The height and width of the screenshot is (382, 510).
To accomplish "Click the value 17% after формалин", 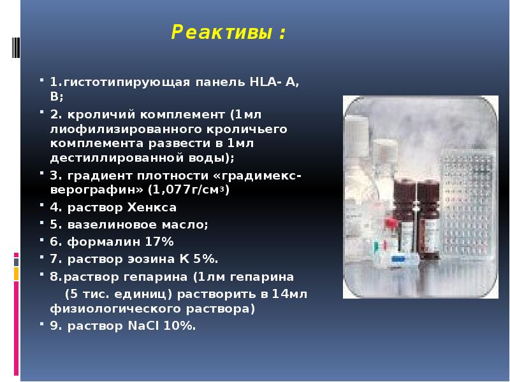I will point(160,241).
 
